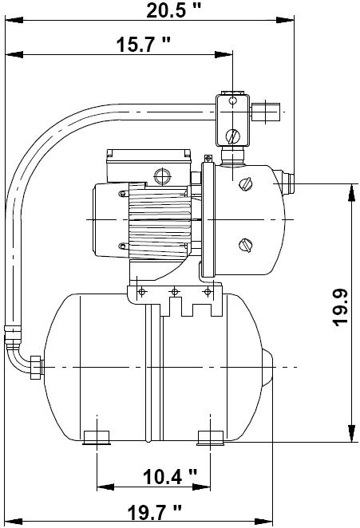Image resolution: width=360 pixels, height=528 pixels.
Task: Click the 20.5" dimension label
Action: [x=173, y=10]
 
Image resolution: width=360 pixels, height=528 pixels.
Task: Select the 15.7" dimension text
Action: [x=144, y=45]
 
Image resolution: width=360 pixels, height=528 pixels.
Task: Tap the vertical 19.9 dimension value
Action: [x=341, y=307]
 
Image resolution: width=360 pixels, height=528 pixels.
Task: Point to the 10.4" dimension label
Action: [x=170, y=477]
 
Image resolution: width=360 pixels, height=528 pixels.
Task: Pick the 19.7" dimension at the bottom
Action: [x=154, y=513]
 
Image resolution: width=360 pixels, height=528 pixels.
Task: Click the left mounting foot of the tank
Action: [x=97, y=437]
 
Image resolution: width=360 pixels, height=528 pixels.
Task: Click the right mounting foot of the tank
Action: [x=211, y=438]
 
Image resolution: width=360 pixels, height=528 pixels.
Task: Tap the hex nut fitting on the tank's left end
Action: [x=37, y=367]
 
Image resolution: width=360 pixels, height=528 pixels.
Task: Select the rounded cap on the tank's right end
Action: [x=267, y=368]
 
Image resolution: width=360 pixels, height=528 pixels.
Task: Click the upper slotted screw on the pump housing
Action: [x=246, y=184]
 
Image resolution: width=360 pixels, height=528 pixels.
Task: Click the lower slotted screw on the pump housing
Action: [x=246, y=245]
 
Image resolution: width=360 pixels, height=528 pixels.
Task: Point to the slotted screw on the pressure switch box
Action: [x=232, y=136]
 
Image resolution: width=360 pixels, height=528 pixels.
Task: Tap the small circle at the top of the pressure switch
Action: [x=232, y=100]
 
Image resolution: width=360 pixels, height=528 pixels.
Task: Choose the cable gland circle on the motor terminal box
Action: [x=163, y=175]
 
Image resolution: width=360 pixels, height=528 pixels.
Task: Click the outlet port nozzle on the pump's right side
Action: [x=287, y=183]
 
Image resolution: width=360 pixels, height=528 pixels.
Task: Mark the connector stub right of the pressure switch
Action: [x=265, y=112]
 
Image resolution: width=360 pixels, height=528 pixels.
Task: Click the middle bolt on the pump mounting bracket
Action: [x=174, y=292]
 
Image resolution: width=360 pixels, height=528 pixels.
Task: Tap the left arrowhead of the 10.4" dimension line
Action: [x=105, y=487]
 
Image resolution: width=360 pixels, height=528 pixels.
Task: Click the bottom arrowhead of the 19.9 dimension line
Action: [x=351, y=433]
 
